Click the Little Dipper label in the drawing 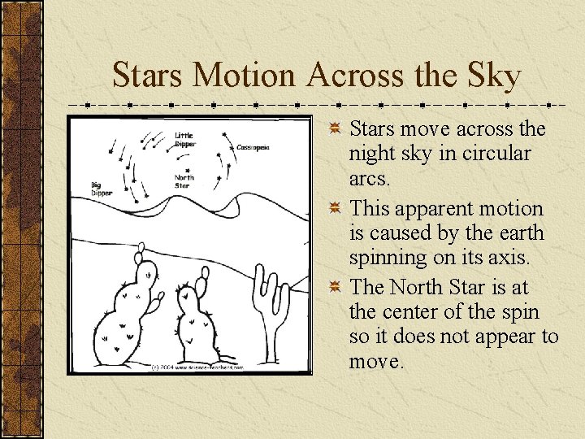pos(184,140)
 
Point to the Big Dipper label pos(102,189)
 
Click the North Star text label pos(184,180)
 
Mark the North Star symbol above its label pos(184,167)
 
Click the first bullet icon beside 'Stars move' pos(335,128)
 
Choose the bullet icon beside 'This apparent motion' pos(335,209)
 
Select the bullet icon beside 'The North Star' pos(335,289)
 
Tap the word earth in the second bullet pos(518,233)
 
